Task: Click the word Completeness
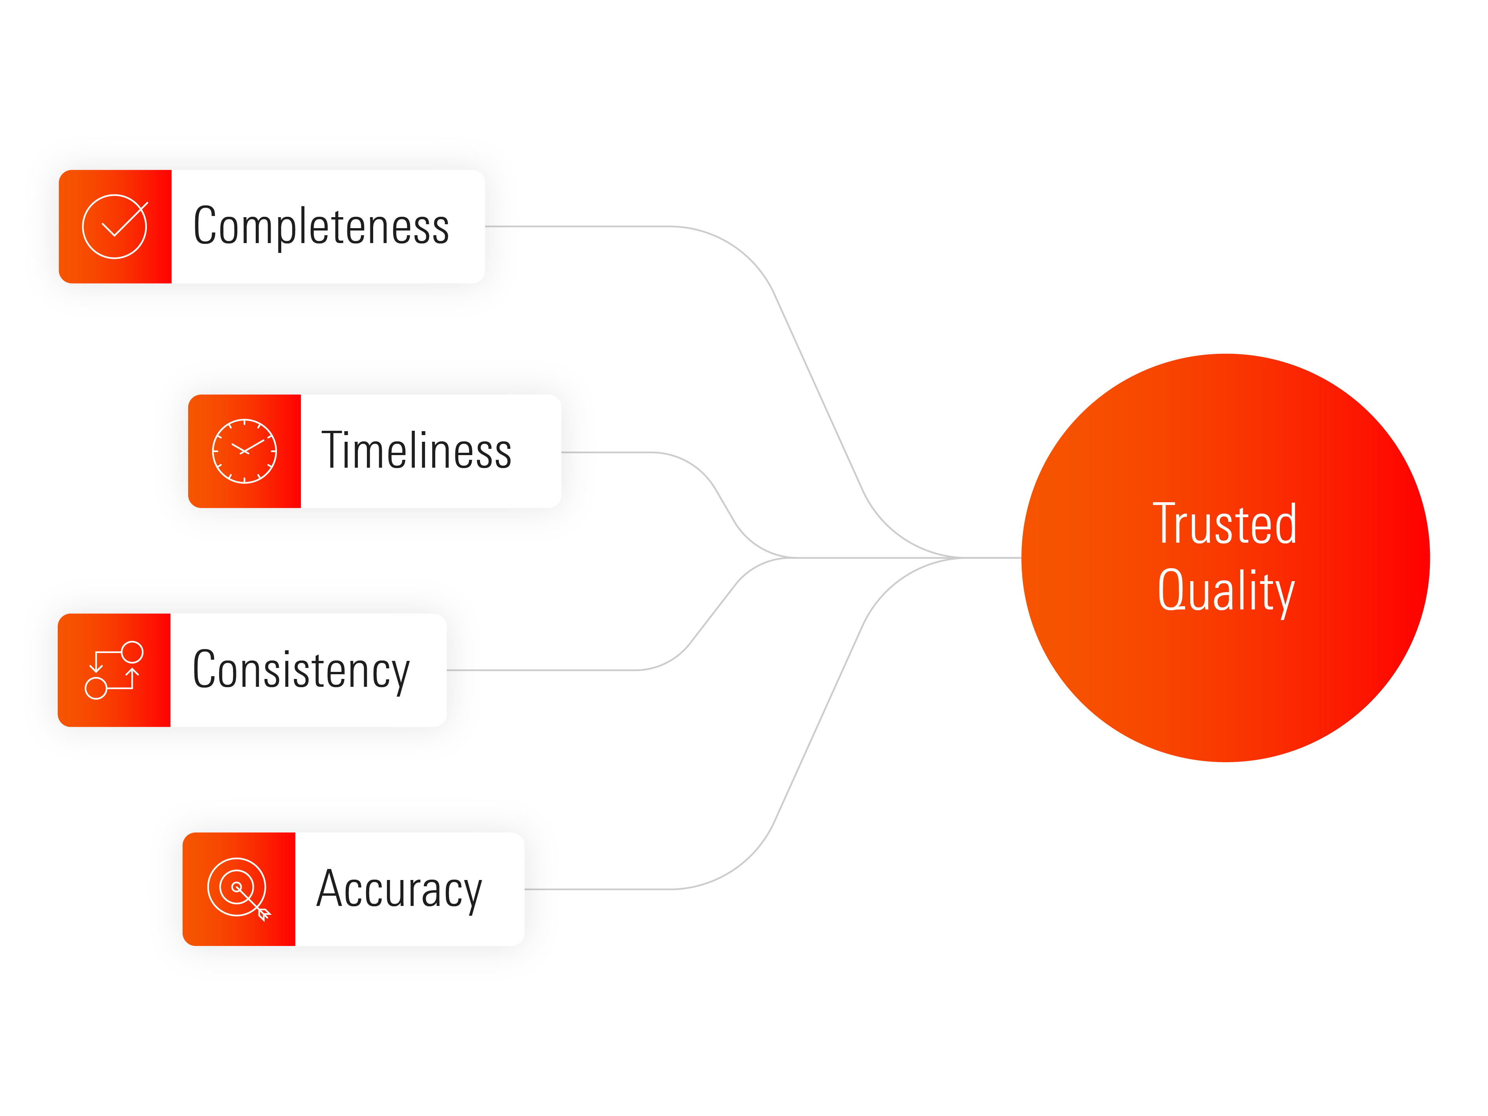point(321,227)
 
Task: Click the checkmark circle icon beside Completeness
point(114,227)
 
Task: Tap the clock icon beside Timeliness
point(244,451)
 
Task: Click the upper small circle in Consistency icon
point(132,652)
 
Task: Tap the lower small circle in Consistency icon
point(95,688)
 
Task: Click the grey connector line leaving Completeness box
point(605,227)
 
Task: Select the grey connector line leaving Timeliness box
point(626,452)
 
